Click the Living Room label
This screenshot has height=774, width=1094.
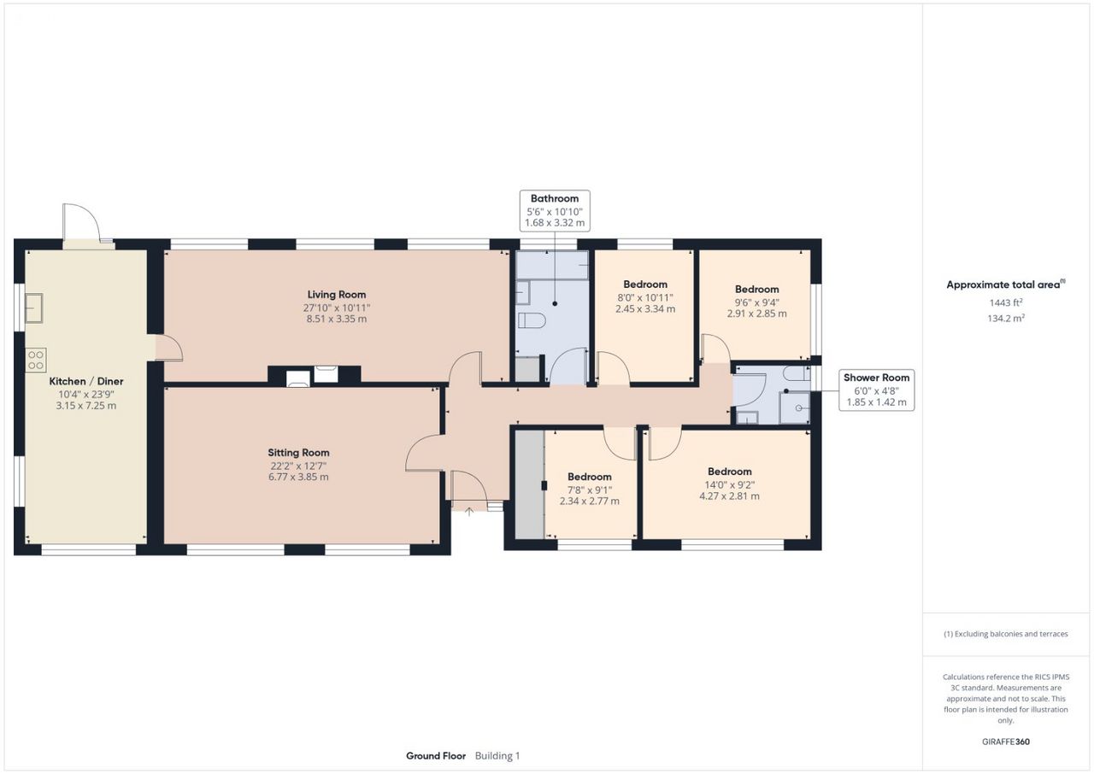click(x=337, y=294)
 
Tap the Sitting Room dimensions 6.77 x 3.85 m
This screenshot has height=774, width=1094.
click(x=298, y=477)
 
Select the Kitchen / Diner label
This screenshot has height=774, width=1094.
click(x=86, y=381)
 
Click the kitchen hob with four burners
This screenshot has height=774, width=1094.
click(x=36, y=360)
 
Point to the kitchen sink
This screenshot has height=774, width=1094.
click(x=34, y=308)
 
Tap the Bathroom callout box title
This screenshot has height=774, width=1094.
click(x=555, y=198)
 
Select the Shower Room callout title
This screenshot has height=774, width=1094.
click(x=877, y=378)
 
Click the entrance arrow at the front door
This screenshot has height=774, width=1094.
click(x=469, y=512)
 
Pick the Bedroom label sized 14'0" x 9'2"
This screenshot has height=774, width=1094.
click(x=730, y=472)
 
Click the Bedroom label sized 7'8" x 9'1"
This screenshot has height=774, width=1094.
click(x=589, y=477)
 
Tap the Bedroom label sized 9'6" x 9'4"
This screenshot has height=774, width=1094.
click(x=756, y=289)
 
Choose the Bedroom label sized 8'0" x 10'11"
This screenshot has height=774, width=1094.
click(x=645, y=284)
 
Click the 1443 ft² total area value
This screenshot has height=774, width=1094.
click(x=1006, y=302)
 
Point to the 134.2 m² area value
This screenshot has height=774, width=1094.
click(x=1006, y=318)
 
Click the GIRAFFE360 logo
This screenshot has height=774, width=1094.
click(x=1006, y=742)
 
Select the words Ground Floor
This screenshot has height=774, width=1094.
click(x=436, y=756)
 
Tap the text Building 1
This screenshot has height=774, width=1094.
click(x=497, y=756)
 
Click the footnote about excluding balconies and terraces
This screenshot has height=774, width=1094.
click(x=1006, y=634)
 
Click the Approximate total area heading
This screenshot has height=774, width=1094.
click(x=1006, y=284)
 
